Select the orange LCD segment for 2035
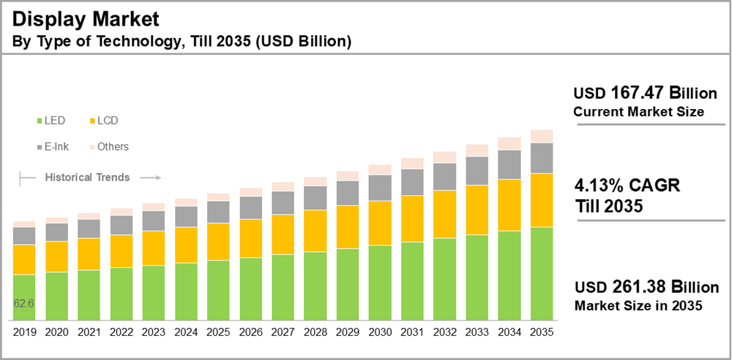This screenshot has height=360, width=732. click(541, 200)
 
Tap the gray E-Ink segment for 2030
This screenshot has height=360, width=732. click(380, 188)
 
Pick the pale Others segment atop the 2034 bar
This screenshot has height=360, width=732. click(509, 143)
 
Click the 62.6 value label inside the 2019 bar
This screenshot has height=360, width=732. click(23, 303)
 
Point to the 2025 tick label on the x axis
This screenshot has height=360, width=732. click(218, 331)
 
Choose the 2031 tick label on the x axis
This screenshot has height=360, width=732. click(412, 331)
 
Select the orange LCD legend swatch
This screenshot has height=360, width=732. click(91, 120)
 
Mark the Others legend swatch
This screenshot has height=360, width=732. click(91, 146)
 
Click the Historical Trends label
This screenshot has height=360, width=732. click(87, 177)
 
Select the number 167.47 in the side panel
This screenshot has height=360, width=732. click(636, 94)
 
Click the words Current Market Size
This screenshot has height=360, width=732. click(638, 112)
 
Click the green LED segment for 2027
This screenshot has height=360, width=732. click(283, 288)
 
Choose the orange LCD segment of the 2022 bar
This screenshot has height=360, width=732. click(122, 251)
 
